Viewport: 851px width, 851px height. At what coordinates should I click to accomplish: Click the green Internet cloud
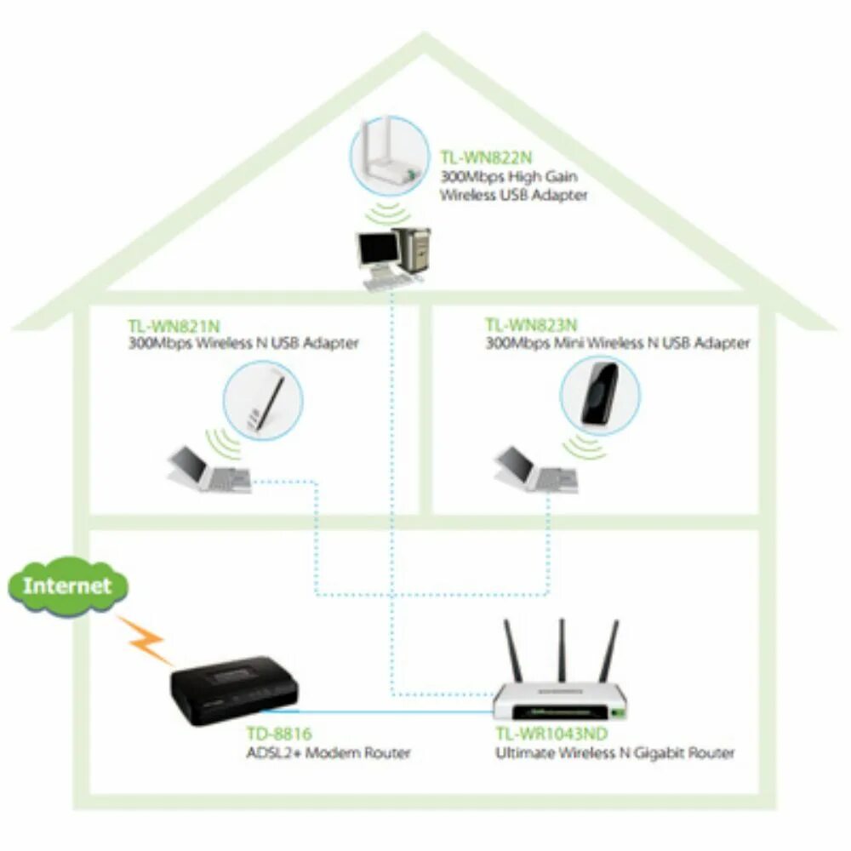(67, 586)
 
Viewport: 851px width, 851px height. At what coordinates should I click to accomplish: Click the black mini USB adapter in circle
(599, 392)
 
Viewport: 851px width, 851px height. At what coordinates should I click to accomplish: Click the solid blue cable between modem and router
(391, 709)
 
